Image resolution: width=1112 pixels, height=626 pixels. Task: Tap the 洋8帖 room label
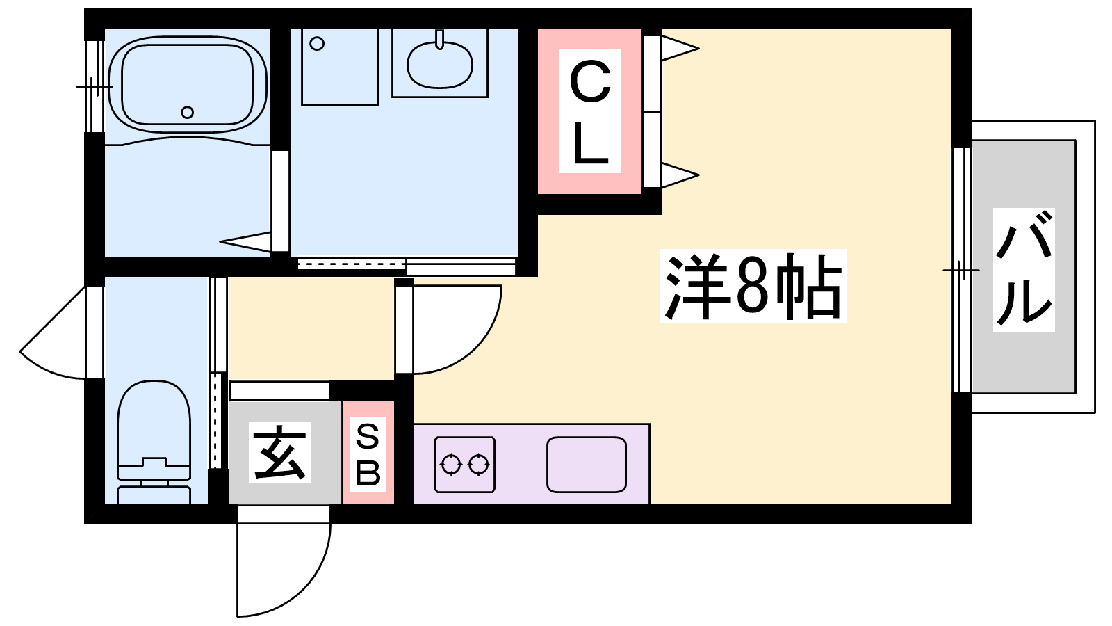click(753, 286)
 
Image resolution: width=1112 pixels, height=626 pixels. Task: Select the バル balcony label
click(1023, 269)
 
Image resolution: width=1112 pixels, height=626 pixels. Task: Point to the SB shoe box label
click(368, 454)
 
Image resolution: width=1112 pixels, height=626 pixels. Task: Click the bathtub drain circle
click(187, 112)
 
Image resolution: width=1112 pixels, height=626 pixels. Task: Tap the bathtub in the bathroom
click(187, 83)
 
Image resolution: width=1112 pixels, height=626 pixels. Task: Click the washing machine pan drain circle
click(317, 44)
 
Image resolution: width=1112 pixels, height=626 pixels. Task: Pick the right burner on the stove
click(478, 464)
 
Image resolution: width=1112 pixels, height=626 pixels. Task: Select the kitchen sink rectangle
click(586, 464)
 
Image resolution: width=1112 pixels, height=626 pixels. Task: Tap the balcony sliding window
click(961, 269)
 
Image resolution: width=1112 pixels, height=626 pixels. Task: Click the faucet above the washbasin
click(439, 39)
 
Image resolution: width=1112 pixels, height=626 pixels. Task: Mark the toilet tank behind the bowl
click(154, 495)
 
